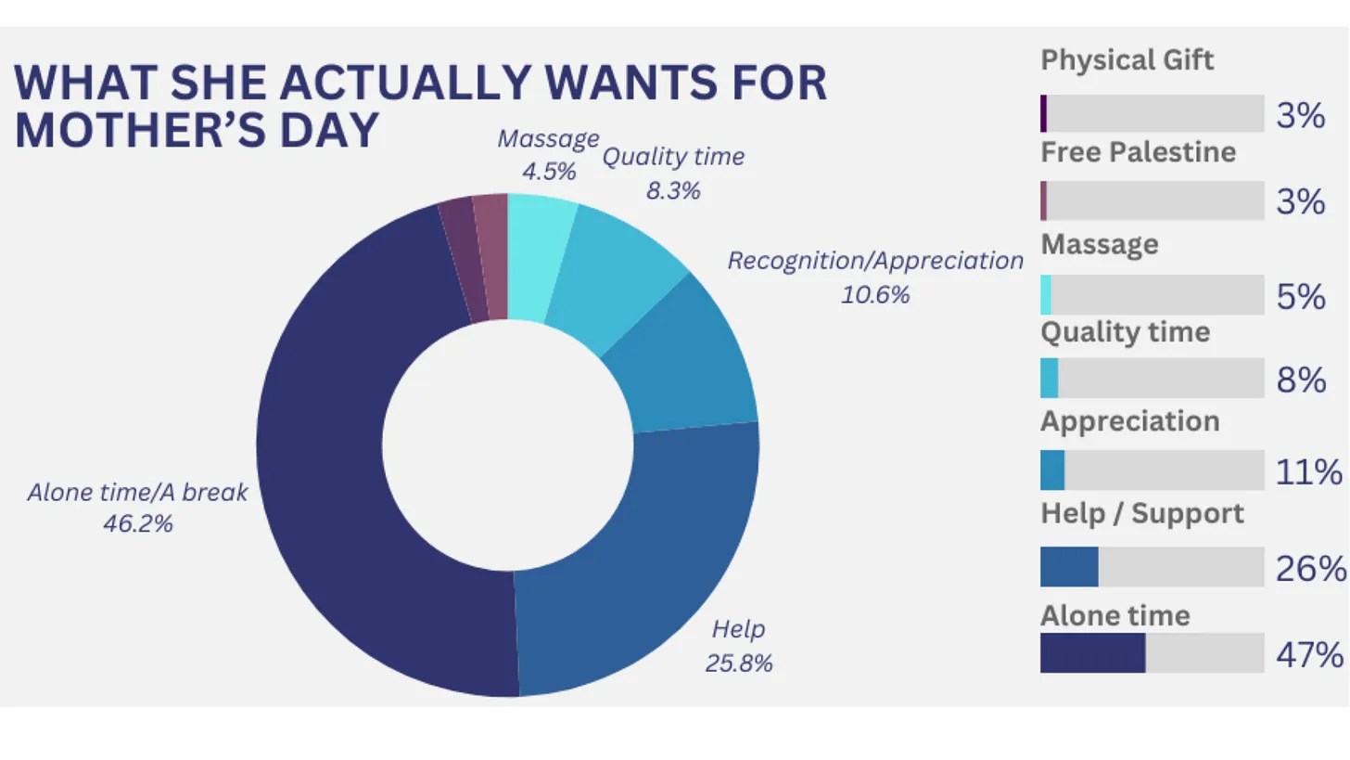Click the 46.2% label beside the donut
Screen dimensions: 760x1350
point(138,524)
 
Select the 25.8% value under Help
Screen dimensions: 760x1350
point(739,663)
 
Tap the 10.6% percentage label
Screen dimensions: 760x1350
point(875,295)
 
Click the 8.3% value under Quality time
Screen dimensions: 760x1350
point(673,191)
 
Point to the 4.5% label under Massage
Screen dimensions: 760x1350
point(549,173)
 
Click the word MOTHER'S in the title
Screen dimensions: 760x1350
point(130,130)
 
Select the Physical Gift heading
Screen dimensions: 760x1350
point(1127,60)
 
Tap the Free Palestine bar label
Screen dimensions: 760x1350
point(1138,152)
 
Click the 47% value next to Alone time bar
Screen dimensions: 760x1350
point(1309,655)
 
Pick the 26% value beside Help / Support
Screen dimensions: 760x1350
point(1309,568)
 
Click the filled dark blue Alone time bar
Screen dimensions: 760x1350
point(1092,653)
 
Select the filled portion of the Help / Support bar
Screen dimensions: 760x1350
point(1069,566)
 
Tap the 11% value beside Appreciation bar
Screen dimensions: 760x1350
point(1308,472)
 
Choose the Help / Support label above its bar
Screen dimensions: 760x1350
point(1141,514)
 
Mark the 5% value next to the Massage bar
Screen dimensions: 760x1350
point(1301,297)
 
